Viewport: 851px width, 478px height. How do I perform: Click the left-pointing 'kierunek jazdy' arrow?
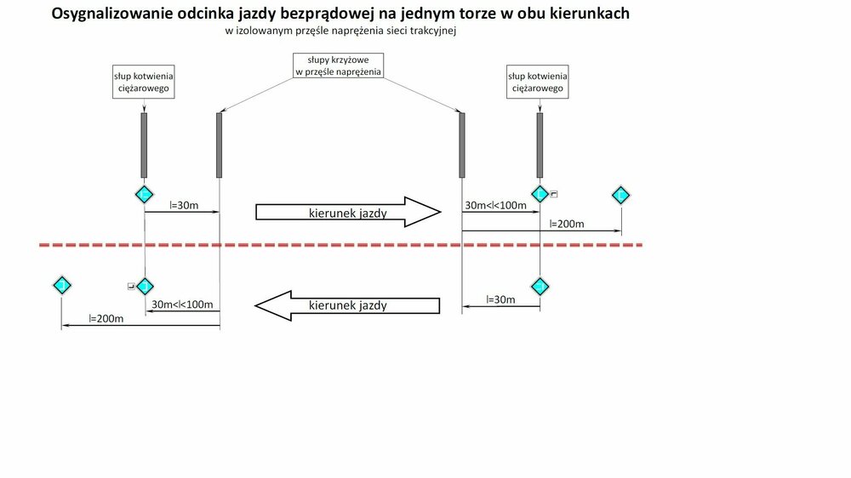(x=347, y=304)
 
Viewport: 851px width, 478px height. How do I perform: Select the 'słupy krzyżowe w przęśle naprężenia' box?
(x=338, y=66)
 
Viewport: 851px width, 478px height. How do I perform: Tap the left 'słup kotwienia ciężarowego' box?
(x=144, y=83)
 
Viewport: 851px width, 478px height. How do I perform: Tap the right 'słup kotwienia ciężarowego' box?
(x=538, y=83)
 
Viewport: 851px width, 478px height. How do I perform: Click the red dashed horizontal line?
(x=340, y=245)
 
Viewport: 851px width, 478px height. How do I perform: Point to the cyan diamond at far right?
(x=621, y=196)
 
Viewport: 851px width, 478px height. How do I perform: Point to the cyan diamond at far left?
(x=61, y=284)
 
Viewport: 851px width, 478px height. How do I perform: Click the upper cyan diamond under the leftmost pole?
(x=144, y=195)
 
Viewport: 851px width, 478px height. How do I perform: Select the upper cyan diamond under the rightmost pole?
(x=539, y=195)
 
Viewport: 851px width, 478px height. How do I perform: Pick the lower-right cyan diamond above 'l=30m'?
(x=539, y=285)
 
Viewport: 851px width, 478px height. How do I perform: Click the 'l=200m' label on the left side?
(x=106, y=319)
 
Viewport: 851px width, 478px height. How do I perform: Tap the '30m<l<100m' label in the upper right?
(x=494, y=206)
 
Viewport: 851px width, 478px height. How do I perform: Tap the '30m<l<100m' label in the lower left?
(x=181, y=304)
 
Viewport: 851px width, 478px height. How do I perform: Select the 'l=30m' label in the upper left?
(x=184, y=205)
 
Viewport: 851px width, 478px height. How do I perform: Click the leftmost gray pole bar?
(x=144, y=145)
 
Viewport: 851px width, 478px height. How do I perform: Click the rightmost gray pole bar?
(x=539, y=145)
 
